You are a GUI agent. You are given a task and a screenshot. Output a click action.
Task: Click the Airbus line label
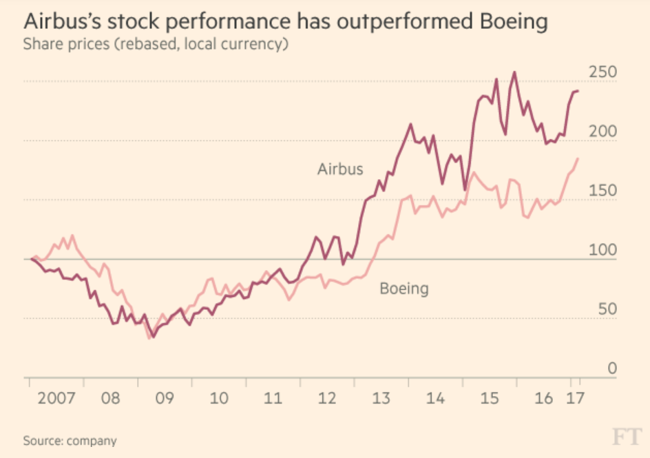tap(340, 169)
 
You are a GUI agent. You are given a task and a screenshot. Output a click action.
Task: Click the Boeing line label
tap(404, 288)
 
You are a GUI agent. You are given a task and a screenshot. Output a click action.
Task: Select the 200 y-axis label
tap(603, 132)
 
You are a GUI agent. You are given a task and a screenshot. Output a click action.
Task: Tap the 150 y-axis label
tap(603, 191)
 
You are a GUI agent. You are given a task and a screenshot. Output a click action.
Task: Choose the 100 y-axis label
tap(603, 251)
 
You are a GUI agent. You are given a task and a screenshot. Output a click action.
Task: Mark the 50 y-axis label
tap(607, 310)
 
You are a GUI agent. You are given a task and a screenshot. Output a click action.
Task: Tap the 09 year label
tap(164, 399)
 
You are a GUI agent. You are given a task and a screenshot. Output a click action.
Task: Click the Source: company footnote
tap(70, 441)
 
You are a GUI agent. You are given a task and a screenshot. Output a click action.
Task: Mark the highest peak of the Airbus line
tap(514, 72)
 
